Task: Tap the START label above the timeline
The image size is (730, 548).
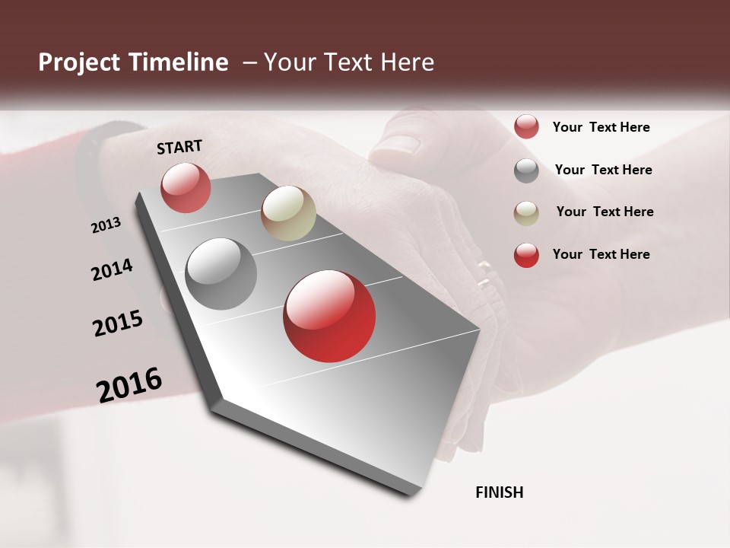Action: tap(179, 147)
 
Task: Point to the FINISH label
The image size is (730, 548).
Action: tap(500, 492)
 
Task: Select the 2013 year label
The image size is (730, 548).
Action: tap(106, 225)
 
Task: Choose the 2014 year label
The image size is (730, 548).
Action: tap(113, 269)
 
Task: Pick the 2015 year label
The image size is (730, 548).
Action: tap(118, 323)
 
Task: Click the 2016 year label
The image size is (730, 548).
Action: tap(129, 385)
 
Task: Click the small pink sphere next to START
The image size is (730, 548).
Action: tap(186, 187)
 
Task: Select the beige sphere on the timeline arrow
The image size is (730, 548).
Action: tap(288, 213)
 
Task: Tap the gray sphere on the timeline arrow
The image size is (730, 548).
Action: tap(221, 274)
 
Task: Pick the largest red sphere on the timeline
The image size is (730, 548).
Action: tap(329, 316)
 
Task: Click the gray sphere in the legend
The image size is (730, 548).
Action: tap(526, 170)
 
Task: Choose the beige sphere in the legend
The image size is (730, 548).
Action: tap(526, 213)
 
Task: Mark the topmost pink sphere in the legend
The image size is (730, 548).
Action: tap(526, 127)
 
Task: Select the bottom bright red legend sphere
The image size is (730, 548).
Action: tap(526, 255)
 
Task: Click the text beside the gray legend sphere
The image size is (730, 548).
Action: tap(603, 170)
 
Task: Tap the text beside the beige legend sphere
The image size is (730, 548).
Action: tap(605, 212)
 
